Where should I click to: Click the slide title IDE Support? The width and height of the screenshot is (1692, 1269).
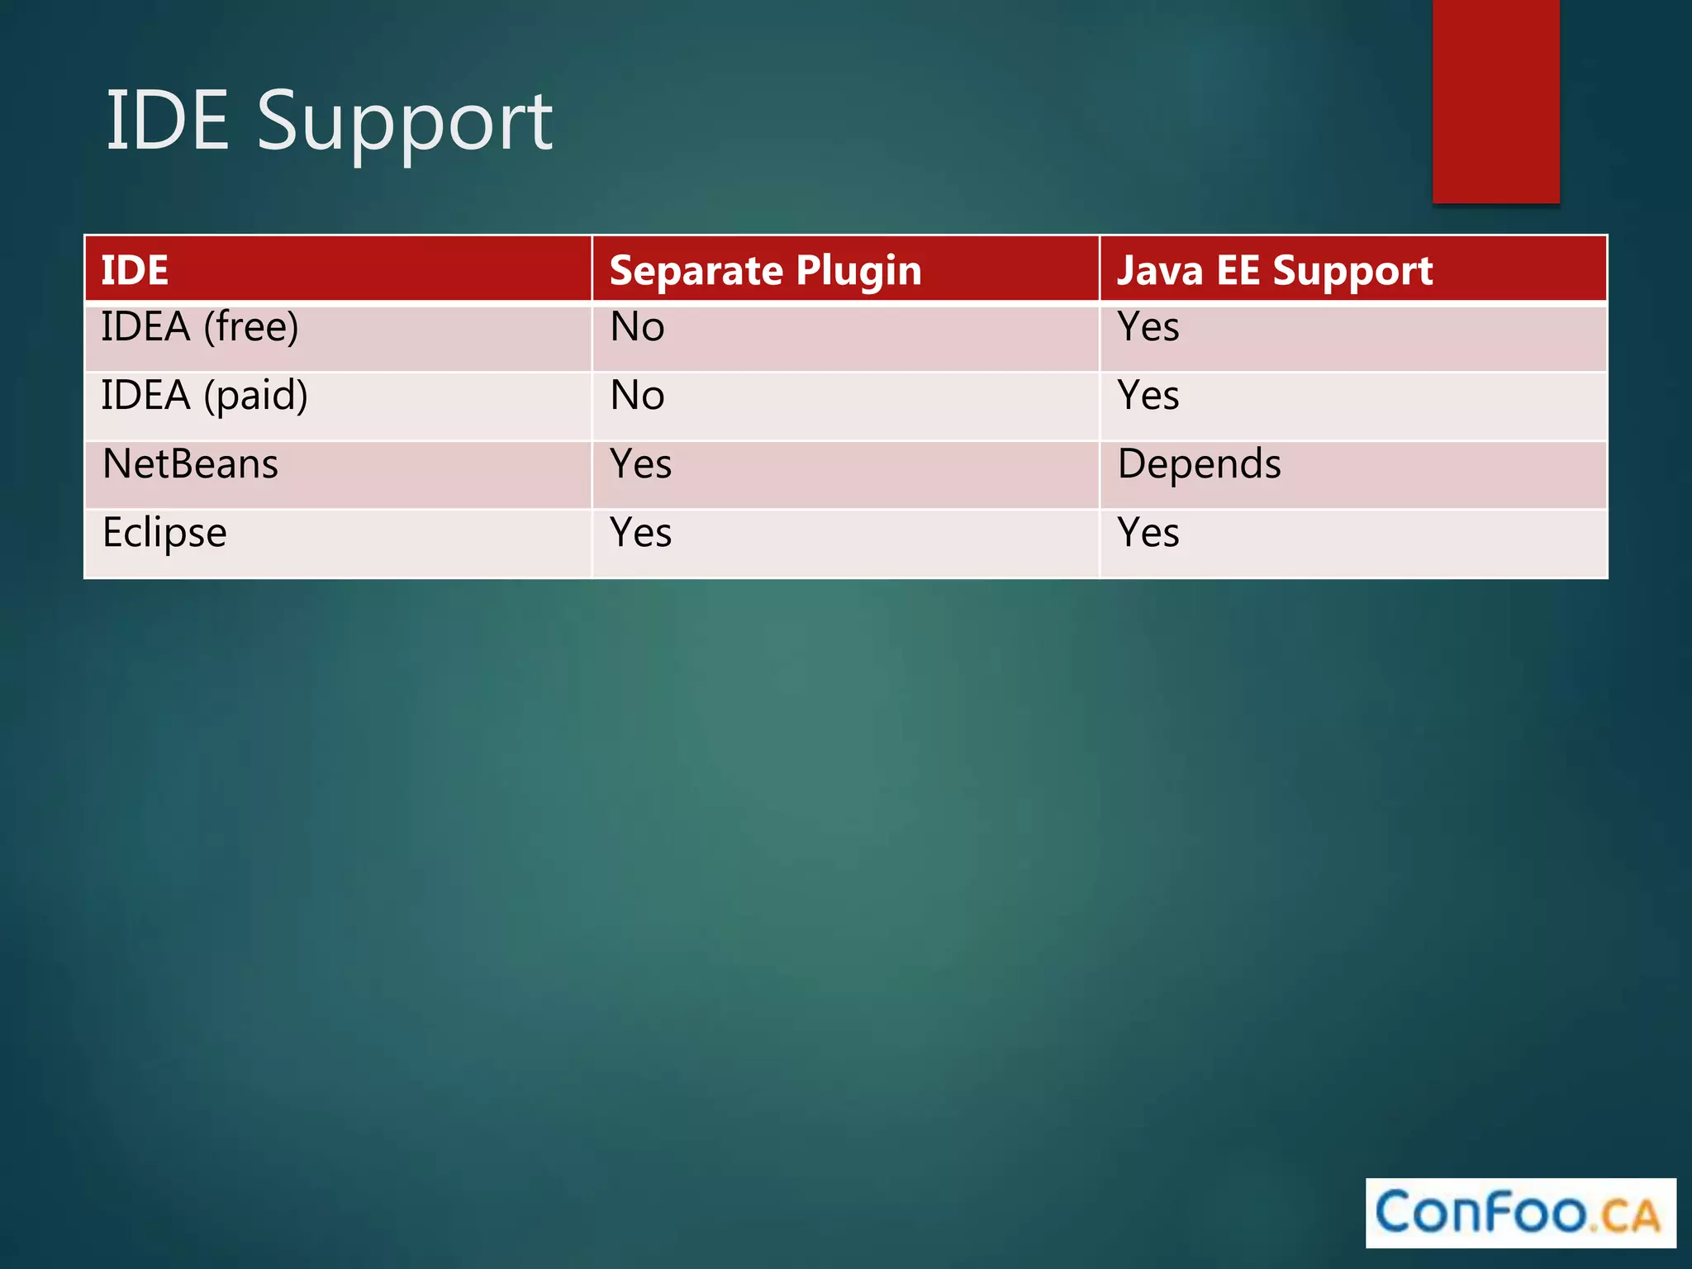[329, 121]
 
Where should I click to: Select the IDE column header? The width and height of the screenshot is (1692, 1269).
[135, 270]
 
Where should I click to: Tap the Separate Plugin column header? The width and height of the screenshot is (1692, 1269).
[765, 270]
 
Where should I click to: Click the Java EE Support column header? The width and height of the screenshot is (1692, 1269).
[1274, 270]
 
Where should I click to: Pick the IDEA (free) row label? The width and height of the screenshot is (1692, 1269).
[199, 327]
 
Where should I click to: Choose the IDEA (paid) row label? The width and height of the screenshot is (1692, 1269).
[204, 396]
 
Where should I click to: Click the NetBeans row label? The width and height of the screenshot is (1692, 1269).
[190, 464]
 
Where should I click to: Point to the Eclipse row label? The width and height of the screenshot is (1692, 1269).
[164, 533]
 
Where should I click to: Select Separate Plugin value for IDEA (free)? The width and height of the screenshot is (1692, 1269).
[637, 327]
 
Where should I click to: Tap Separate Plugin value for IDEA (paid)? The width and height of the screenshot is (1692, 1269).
[637, 396]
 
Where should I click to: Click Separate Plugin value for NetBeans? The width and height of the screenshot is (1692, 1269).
[640, 464]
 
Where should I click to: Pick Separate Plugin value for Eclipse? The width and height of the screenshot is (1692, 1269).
[640, 533]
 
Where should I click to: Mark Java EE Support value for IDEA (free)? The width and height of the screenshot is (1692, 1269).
[1148, 327]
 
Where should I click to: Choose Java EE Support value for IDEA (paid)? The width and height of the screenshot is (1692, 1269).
[1148, 396]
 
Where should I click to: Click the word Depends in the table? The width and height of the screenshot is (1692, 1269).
[1199, 464]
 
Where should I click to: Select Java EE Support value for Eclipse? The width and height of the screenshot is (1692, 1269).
[1148, 533]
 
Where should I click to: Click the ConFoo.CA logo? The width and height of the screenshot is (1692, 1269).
[1519, 1213]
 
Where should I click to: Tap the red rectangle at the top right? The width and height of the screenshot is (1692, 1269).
[1495, 101]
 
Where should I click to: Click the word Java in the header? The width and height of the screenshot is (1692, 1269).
[1159, 270]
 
